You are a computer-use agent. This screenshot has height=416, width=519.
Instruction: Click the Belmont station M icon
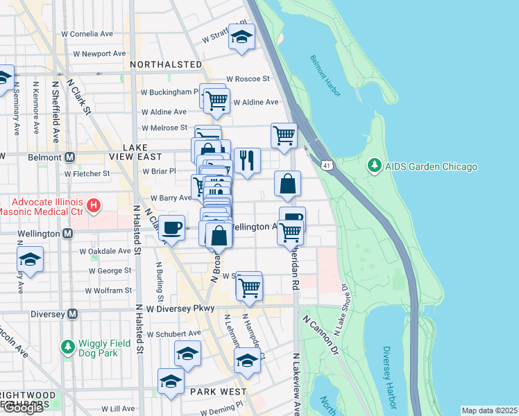coord(69,157)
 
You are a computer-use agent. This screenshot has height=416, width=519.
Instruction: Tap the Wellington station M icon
coord(67,234)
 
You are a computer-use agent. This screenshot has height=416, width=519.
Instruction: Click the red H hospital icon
coord(94,205)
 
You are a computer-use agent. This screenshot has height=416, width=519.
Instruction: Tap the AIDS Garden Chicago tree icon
coord(374,166)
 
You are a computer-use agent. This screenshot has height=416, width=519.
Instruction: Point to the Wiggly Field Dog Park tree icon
coord(67,345)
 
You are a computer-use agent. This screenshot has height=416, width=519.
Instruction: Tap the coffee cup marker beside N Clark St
coord(171,227)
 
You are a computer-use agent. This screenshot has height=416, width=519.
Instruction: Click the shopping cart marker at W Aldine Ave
coord(216,100)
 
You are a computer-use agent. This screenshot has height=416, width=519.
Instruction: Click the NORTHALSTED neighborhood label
coord(166,64)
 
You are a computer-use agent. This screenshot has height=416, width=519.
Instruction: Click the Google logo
coord(23,408)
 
